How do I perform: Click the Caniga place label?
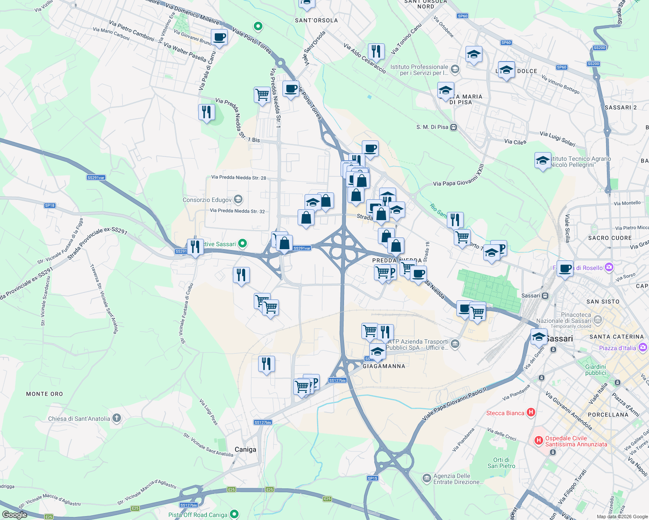(245, 449)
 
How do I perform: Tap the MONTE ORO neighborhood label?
(44, 394)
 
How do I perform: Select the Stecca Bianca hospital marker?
(531, 413)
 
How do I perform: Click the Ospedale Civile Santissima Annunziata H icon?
(538, 441)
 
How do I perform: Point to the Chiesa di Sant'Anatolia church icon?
(116, 418)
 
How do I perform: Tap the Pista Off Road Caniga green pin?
(234, 514)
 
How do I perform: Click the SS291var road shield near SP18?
(96, 178)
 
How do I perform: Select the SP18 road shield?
(49, 205)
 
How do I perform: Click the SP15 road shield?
(372, 478)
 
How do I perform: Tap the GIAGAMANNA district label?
(384, 366)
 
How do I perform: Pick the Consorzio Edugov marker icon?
(238, 199)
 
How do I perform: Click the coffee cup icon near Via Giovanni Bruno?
(219, 37)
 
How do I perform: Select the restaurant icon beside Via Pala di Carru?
(206, 112)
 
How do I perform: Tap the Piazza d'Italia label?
(617, 348)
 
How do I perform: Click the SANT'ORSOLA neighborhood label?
(316, 20)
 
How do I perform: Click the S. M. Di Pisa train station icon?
(453, 127)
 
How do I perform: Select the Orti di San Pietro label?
(501, 463)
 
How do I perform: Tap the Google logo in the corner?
(14, 514)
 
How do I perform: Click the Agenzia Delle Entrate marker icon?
(426, 478)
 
